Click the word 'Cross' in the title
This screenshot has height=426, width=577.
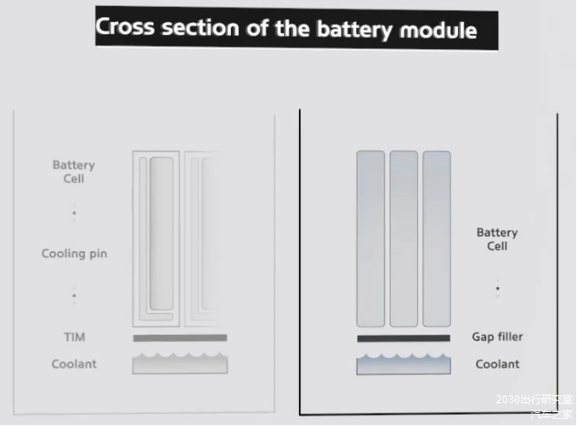pyautogui.click(x=124, y=27)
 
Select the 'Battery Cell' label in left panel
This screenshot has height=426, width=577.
pyautogui.click(x=73, y=171)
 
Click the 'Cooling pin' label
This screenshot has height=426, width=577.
pyautogui.click(x=74, y=254)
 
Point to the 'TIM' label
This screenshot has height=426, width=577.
pyautogui.click(x=74, y=337)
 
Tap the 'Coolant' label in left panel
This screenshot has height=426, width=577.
pyautogui.click(x=74, y=364)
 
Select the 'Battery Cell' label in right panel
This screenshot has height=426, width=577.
pyautogui.click(x=497, y=240)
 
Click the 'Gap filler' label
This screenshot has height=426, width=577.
pyautogui.click(x=497, y=337)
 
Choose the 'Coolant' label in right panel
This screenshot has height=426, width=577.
pyautogui.click(x=497, y=364)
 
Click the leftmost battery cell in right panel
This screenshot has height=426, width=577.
pyautogui.click(x=371, y=238)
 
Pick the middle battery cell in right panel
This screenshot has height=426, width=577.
pyautogui.click(x=404, y=238)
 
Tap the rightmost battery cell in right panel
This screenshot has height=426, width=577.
pyautogui.click(x=437, y=238)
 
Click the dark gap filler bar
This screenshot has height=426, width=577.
pyautogui.click(x=403, y=338)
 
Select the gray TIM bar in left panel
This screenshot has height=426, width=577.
pyautogui.click(x=180, y=338)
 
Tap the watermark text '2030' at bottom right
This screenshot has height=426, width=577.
pyautogui.click(x=507, y=399)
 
